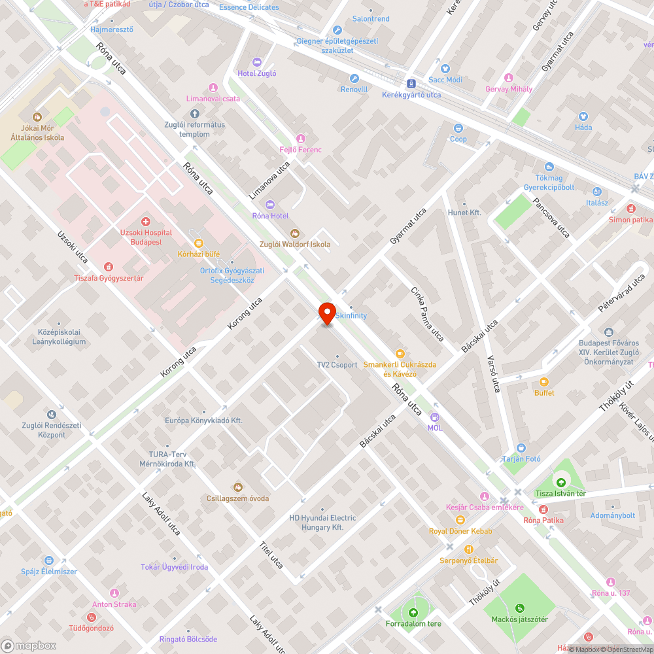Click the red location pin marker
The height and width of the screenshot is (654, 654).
(x=326, y=313)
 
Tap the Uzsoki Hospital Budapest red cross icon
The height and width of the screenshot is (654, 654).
(x=146, y=222)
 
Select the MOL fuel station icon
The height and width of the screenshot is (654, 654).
(x=435, y=417)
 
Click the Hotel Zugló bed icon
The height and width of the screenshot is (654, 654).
(x=257, y=62)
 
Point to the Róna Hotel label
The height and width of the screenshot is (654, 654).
(x=270, y=216)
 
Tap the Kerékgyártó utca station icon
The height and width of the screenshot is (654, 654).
(x=411, y=84)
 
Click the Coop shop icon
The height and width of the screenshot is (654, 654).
(x=458, y=128)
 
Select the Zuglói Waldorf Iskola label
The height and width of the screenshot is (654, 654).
(x=295, y=244)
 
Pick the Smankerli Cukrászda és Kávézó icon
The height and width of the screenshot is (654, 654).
(x=400, y=354)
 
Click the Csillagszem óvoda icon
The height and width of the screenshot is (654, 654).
(x=237, y=487)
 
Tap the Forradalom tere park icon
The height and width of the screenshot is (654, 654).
(x=413, y=613)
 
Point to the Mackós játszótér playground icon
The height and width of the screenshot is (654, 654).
(x=520, y=608)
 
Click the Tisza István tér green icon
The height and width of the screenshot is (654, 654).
(x=560, y=483)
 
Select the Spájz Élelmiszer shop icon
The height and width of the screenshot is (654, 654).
(x=48, y=560)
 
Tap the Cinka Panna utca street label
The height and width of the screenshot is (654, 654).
(x=427, y=313)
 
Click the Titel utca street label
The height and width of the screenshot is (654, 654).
(x=271, y=554)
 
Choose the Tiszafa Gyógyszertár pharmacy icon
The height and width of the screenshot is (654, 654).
(x=109, y=267)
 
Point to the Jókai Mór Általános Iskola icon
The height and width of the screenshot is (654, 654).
(x=37, y=117)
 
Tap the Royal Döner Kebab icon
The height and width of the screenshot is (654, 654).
(x=460, y=520)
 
